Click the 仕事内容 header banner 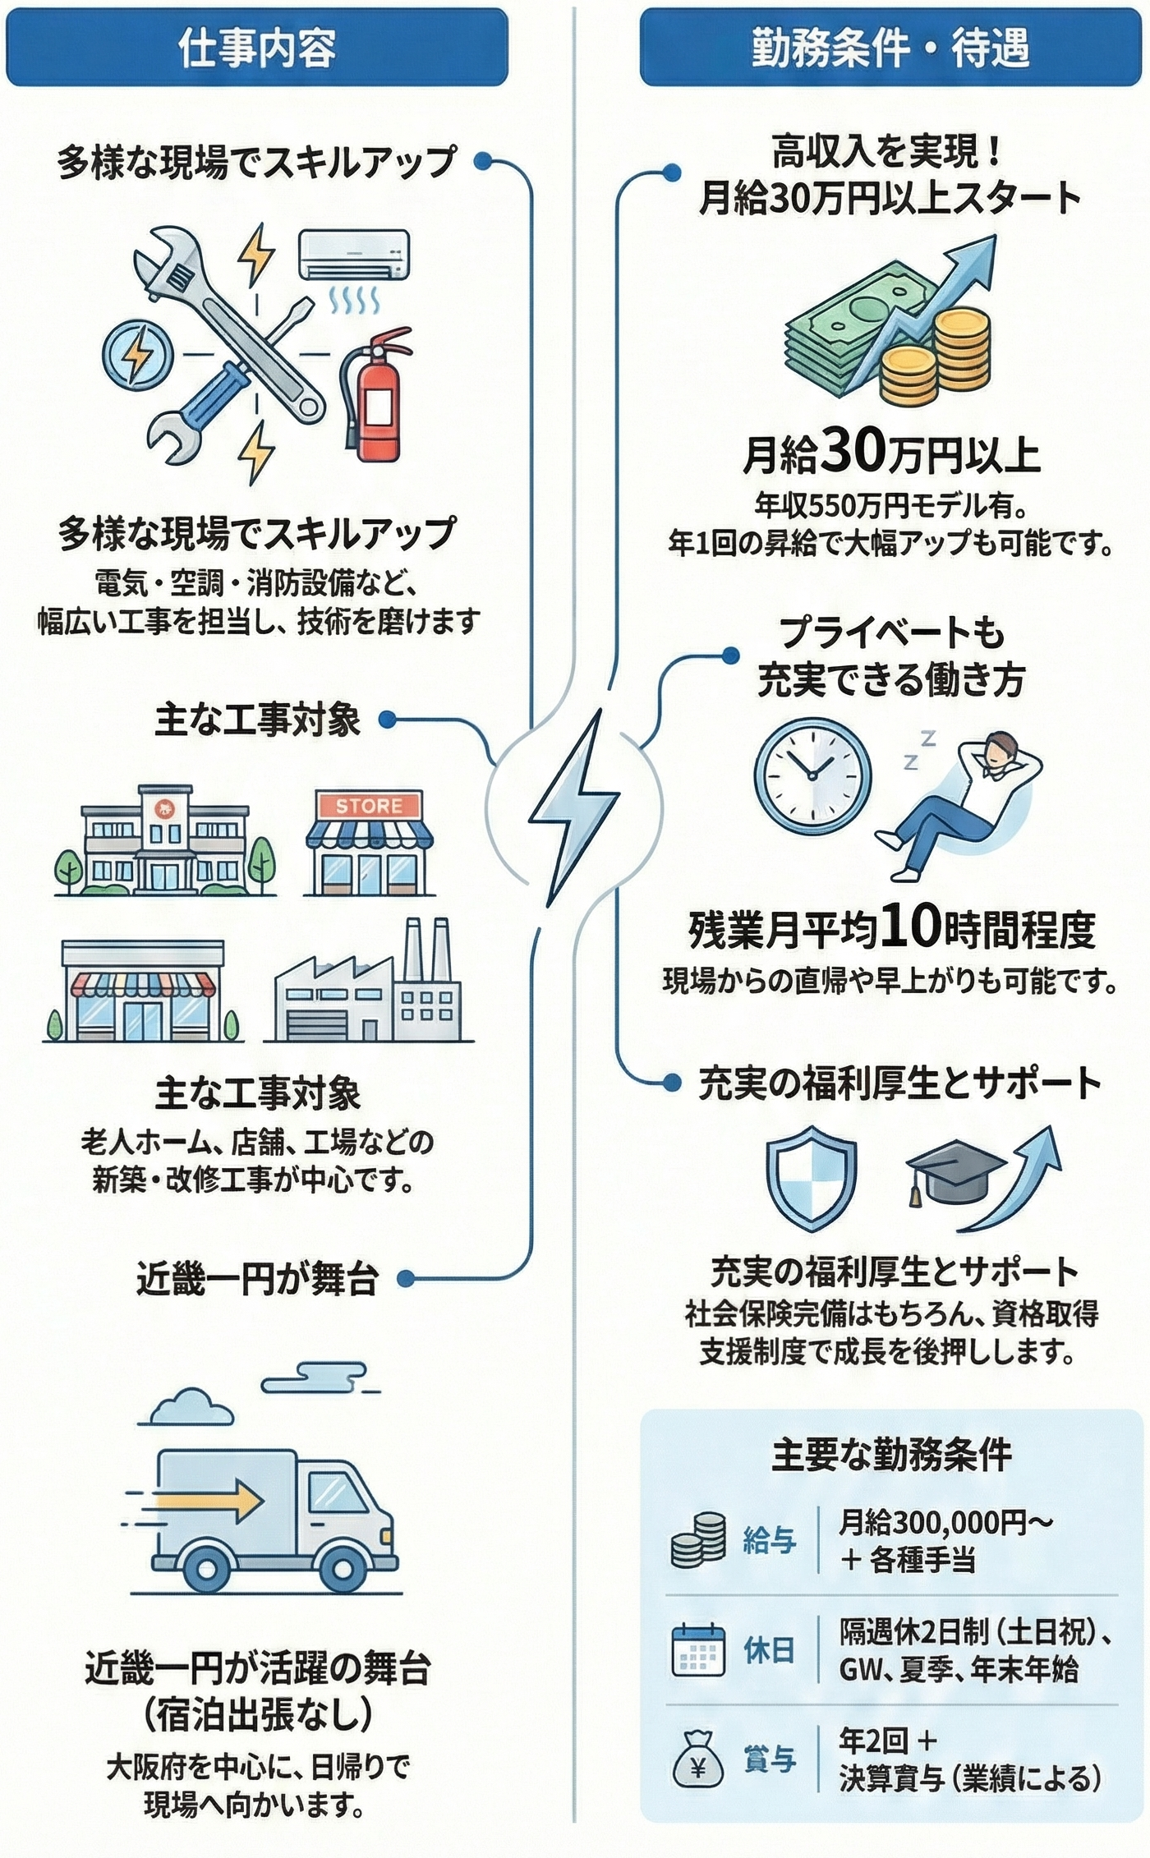point(256,48)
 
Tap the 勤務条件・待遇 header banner point(890,48)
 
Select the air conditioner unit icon point(353,254)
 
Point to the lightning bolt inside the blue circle point(137,355)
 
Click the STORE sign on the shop point(369,806)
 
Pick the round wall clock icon point(812,776)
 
